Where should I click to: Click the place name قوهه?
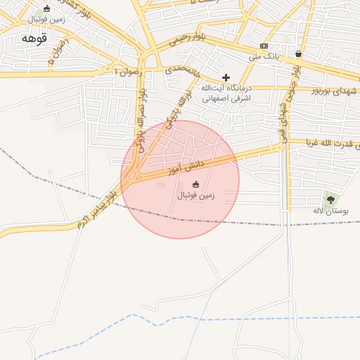coord(33,37)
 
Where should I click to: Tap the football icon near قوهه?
coord(46,9)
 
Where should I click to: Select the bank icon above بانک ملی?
coord(264,46)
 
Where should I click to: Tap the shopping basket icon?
coord(300,54)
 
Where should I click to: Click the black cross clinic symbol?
coord(226,77)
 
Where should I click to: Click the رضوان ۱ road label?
coord(127,72)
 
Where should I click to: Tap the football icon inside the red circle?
coord(195,184)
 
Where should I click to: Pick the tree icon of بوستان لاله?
coord(330,200)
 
